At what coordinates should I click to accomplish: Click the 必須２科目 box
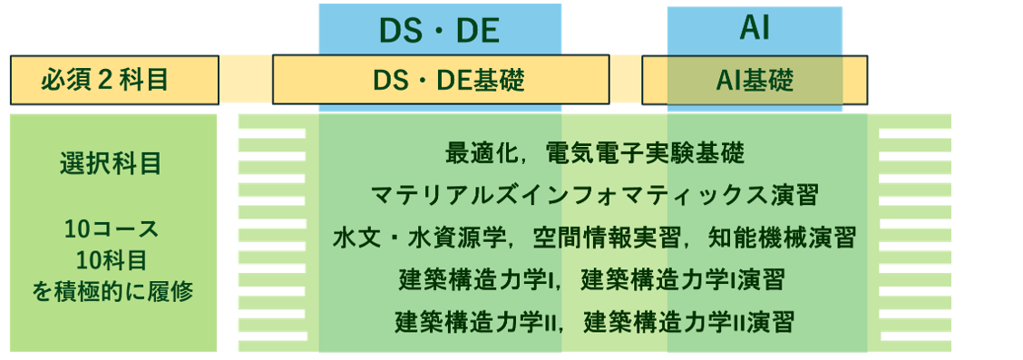[114, 80]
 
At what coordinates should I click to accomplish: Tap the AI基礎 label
[755, 81]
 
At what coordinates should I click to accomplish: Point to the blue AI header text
[755, 29]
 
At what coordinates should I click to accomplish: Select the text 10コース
[112, 229]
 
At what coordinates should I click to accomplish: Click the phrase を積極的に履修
[112, 291]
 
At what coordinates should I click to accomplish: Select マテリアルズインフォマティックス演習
[594, 196]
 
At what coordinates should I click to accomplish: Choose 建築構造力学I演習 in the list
[682, 280]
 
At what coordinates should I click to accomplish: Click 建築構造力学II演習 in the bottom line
[689, 322]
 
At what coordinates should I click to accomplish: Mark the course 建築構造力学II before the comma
[477, 322]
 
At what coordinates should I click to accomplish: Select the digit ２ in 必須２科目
[105, 80]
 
